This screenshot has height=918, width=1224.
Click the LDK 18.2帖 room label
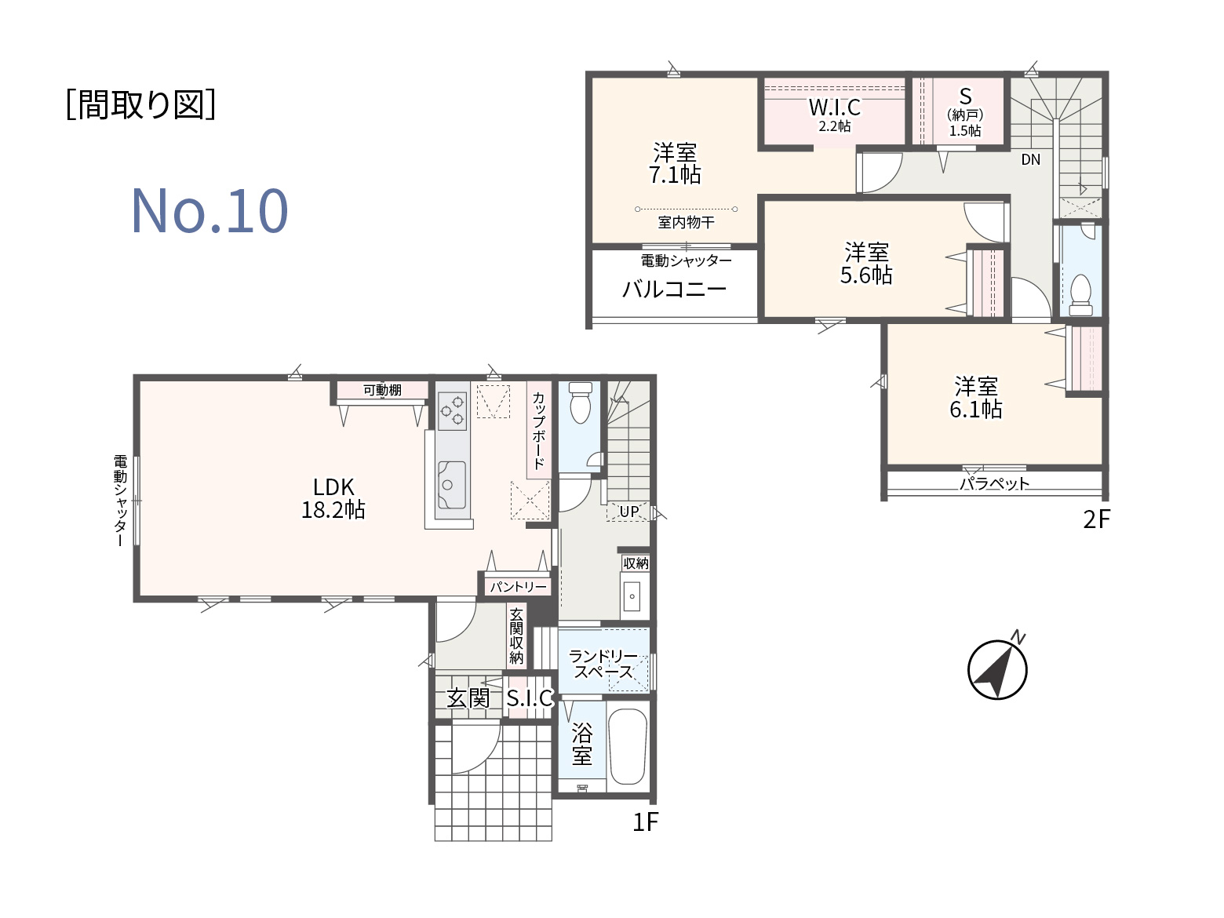tap(333, 498)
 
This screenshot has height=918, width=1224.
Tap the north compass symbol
tap(997, 668)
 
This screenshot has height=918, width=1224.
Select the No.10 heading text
tap(209, 211)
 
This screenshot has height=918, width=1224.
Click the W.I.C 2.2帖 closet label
tap(834, 115)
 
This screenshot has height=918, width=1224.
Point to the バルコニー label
tap(674, 290)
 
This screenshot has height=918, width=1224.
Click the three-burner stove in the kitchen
tap(452, 411)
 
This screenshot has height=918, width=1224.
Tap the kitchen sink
tap(452, 485)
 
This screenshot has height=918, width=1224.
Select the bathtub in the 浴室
tap(628, 746)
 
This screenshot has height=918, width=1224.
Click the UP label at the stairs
tap(629, 511)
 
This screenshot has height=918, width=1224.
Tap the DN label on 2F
tap(1030, 160)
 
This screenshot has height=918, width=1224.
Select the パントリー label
tap(518, 587)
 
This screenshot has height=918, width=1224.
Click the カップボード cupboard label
tap(539, 430)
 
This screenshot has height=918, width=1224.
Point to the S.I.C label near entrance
tap(530, 698)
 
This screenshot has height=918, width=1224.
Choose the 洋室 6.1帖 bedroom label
tap(976, 398)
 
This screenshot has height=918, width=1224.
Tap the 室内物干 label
tap(686, 222)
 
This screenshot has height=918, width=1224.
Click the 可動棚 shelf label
tap(382, 390)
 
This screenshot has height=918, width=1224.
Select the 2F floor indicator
tap(1096, 520)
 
